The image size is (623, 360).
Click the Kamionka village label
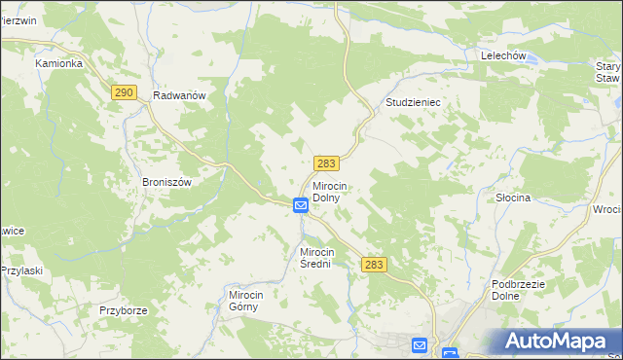click(x=59, y=63)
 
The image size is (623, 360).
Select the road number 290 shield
click(x=123, y=91)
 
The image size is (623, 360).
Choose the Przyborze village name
click(x=123, y=310)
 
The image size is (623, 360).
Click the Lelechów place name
click(x=503, y=56)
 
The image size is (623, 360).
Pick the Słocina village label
click(x=512, y=198)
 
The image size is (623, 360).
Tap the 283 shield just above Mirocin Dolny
click(x=326, y=164)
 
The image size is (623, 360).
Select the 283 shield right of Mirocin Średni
click(x=374, y=265)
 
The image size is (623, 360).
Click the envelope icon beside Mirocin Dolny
click(x=301, y=205)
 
